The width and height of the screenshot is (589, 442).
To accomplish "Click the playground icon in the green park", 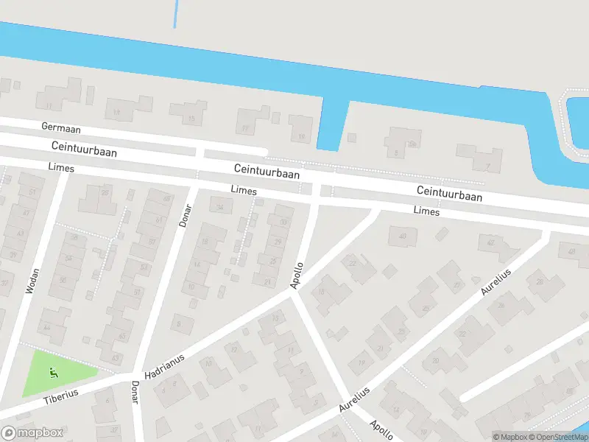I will coord(52,371).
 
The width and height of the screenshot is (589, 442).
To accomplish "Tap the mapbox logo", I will coord(32,433).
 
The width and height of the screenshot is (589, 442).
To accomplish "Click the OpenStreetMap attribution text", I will coord(558,437).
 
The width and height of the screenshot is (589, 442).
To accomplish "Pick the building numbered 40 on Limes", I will coord(402,236).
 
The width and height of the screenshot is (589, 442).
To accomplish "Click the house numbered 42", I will coord(490,242).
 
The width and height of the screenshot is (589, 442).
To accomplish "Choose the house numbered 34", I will coord(219,206).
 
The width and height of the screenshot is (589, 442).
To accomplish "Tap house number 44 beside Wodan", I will coord(47,326).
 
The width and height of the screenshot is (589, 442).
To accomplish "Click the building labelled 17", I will coord(245,127).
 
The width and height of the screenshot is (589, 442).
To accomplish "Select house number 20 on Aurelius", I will coord(436,360).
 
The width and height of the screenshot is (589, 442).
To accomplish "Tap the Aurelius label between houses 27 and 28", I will coord(495,281).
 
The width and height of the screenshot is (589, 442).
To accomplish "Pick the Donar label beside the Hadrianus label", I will coord(135,392).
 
